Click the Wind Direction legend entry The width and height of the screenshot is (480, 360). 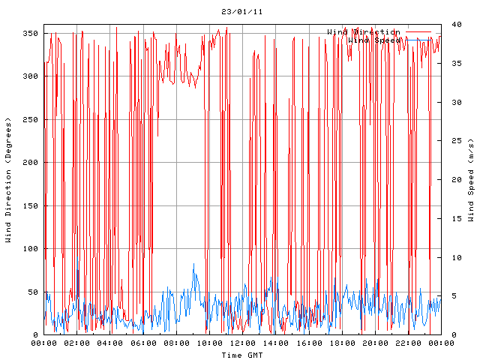(x=364, y=31)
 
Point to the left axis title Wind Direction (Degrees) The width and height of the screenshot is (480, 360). (x=8, y=180)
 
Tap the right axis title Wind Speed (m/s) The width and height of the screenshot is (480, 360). (x=471, y=180)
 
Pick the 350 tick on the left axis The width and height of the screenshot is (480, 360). (x=31, y=33)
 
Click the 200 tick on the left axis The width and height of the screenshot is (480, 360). (x=31, y=163)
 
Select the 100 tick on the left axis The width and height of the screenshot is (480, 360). (x=31, y=249)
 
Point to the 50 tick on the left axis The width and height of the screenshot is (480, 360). (x=33, y=292)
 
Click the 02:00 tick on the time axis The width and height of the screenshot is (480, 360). (x=77, y=343)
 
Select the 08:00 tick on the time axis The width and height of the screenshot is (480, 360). (x=176, y=343)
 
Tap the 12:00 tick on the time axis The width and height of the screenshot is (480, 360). (x=242, y=343)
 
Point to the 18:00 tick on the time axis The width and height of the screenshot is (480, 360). (x=342, y=343)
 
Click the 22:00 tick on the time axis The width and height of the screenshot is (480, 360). (x=408, y=343)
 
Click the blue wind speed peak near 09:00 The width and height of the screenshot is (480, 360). (x=193, y=264)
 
